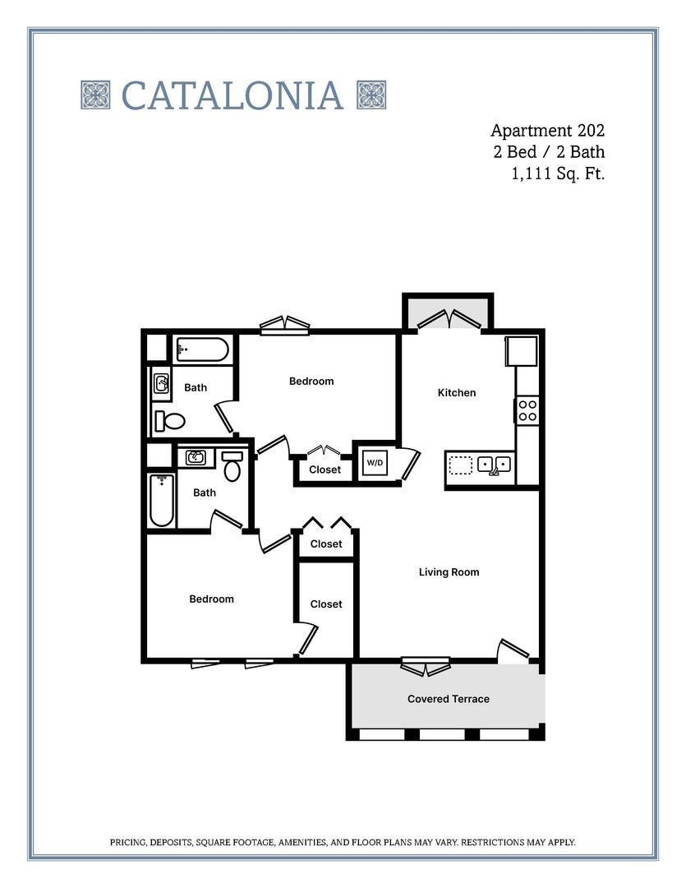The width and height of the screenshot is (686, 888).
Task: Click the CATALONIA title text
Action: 233,95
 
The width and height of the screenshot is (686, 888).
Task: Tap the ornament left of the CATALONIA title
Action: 95,95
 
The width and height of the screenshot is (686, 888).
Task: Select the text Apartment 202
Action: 547,130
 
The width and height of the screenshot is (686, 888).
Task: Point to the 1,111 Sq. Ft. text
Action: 557,173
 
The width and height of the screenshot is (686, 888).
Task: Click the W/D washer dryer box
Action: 375,463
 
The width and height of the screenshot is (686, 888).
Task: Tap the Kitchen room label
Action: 456,393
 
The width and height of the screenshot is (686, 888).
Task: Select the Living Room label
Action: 449,572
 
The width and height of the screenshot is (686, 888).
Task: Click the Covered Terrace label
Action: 448,699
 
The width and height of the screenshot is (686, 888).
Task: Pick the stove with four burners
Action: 527,409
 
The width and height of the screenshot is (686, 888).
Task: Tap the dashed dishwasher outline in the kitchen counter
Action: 461,465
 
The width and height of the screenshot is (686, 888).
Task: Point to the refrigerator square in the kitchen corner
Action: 521,351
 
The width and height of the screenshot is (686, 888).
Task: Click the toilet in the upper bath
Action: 170,422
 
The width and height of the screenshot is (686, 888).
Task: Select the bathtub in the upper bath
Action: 201,350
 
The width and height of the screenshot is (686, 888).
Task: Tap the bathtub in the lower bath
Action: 162,500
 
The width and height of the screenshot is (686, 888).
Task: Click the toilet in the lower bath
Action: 233,466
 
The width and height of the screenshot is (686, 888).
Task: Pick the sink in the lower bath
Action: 196,458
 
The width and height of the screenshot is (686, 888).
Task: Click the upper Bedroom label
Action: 311,382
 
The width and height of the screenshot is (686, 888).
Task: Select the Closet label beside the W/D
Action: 325,469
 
